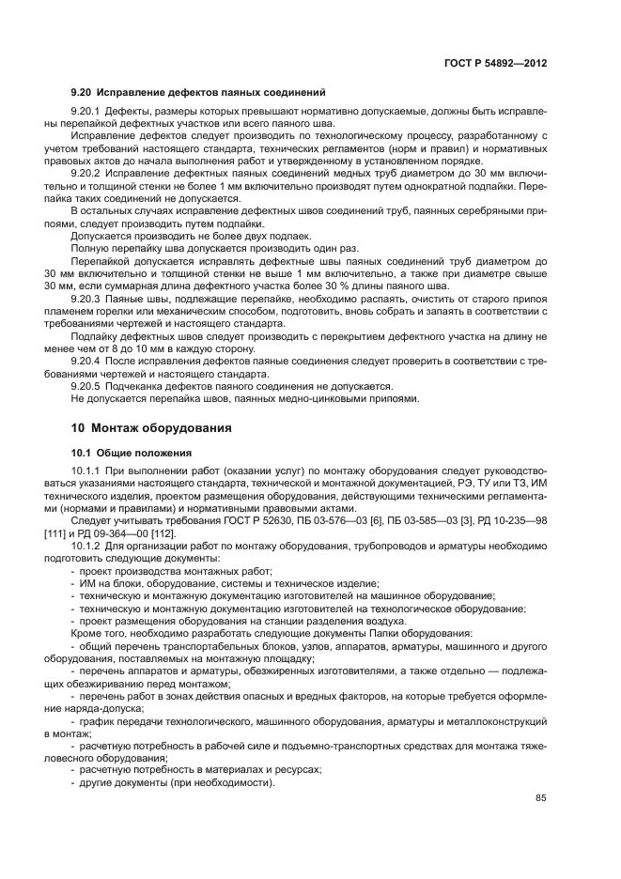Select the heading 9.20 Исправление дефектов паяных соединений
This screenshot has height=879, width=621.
coord(198,92)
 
